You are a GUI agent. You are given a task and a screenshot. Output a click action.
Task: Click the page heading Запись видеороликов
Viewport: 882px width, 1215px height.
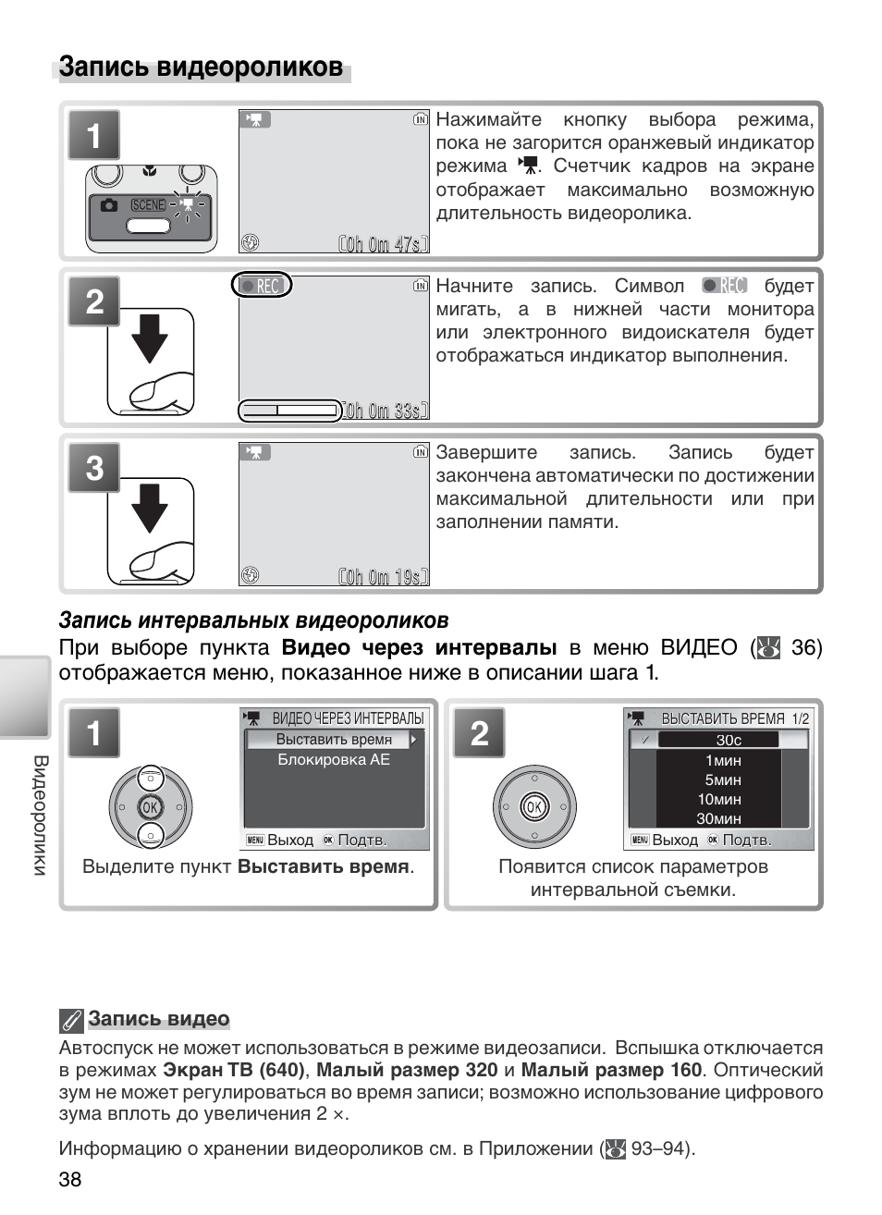click(201, 67)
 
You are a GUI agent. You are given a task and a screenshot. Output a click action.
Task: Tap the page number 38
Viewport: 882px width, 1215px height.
click(70, 1179)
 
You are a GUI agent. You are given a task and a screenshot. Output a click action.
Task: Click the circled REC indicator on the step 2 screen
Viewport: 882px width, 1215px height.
click(262, 286)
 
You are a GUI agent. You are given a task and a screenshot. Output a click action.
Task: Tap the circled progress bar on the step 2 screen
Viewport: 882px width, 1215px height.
click(289, 411)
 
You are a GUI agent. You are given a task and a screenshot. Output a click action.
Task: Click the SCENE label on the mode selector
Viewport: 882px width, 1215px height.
click(148, 205)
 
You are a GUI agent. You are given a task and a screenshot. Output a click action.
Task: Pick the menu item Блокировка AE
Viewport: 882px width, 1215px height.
click(334, 760)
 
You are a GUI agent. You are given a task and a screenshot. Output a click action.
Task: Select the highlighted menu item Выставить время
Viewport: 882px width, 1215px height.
click(334, 740)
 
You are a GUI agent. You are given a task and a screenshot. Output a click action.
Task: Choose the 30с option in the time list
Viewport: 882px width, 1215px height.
click(729, 740)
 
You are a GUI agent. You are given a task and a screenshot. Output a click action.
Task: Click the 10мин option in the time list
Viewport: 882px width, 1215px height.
click(719, 799)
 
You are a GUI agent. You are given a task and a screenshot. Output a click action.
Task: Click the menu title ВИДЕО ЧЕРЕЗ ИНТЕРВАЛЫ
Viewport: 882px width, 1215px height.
click(348, 718)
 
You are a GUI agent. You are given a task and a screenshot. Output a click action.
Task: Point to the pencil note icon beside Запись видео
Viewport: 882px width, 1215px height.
click(71, 1020)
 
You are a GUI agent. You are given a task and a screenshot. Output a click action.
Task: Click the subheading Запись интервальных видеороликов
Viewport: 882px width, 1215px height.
click(253, 620)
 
